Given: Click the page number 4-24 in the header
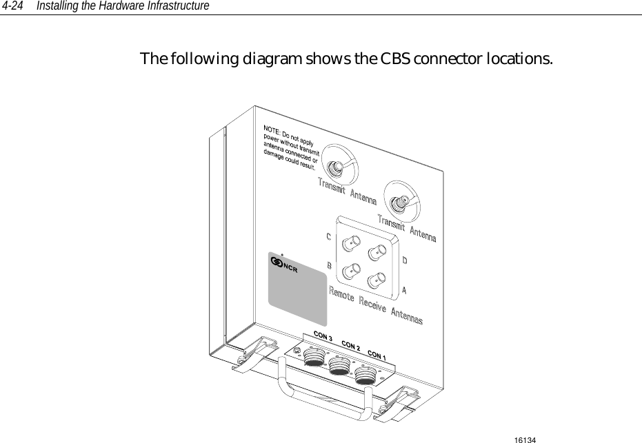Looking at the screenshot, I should click(x=14, y=6).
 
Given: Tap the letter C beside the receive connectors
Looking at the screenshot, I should click(x=328, y=236).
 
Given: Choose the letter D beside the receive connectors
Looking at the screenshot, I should click(x=405, y=260).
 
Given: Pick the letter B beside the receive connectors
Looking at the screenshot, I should click(x=329, y=265).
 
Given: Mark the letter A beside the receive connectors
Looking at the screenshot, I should click(x=404, y=290).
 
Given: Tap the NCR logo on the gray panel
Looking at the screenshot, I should click(x=285, y=265).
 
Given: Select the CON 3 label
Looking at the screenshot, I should click(x=323, y=338).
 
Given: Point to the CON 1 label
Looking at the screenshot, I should click(x=377, y=354).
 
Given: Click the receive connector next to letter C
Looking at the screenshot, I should click(x=352, y=241).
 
